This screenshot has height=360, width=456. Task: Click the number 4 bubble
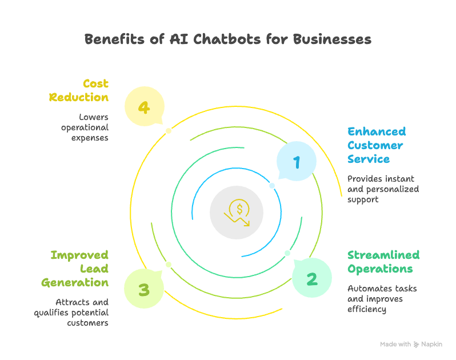[145, 106]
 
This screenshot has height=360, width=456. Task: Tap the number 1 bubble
[297, 162]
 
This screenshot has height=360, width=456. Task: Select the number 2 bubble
[312, 278]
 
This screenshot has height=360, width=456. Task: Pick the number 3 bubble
[144, 289]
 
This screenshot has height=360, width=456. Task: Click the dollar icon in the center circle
[237, 212]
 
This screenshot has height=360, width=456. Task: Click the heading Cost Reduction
[79, 90]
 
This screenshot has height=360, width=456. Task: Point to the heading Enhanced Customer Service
[376, 145]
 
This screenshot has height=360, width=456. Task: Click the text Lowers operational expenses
[85, 127]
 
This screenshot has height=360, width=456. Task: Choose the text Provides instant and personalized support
[383, 189]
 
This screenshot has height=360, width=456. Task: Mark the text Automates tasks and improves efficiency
[382, 299]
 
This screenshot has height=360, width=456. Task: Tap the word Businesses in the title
[333, 39]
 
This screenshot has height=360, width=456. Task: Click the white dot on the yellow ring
[169, 131]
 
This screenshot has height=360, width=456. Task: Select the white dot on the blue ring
[272, 186]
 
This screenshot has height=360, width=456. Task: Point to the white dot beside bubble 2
[287, 253]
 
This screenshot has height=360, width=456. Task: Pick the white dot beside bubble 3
[169, 265]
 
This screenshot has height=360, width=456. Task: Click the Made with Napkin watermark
[411, 344]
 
